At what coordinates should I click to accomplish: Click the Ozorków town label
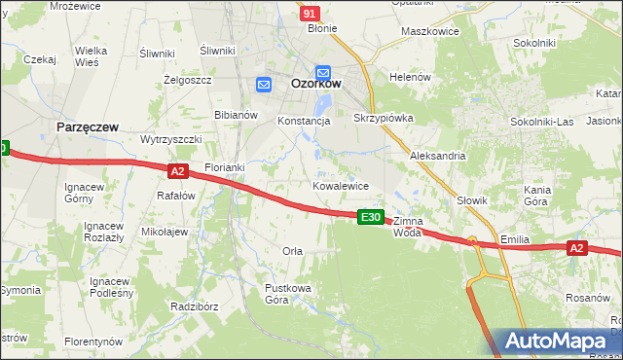pos(315,85)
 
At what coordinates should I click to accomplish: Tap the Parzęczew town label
pos(88,127)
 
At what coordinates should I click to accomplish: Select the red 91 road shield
pos(310,14)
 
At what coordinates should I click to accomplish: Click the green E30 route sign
pos(370,217)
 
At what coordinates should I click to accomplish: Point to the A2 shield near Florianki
pos(176,171)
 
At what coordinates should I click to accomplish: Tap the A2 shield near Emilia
pos(576,248)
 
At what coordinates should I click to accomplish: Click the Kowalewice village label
pos(340,185)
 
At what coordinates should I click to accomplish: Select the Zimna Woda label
pos(408,227)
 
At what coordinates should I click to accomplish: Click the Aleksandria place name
pos(438,156)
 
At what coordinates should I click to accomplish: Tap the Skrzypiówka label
pos(384,118)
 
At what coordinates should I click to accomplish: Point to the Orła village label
pos(292,251)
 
